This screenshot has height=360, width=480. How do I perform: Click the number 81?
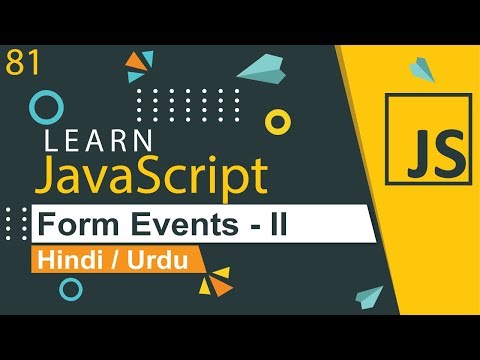pos(21,62)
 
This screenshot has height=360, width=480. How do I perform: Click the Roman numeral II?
pos(273,225)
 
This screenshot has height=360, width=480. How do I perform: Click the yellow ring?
pos(277,122)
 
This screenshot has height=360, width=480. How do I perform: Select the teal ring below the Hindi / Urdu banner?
pos(71,289)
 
